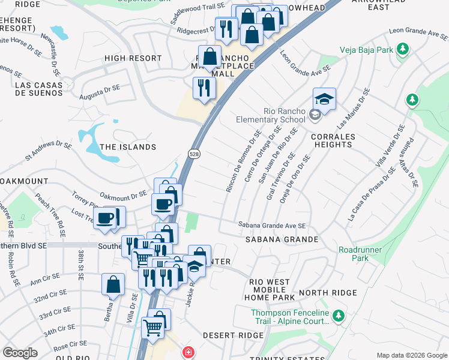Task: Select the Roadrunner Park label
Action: tap(352, 253)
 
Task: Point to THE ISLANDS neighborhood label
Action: tap(128, 146)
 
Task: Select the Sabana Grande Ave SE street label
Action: tap(273, 226)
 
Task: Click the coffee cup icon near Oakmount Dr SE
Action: tap(163, 204)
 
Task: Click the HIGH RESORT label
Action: tap(133, 58)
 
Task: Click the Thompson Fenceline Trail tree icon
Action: tap(339, 315)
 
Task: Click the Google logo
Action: tap(20, 353)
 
